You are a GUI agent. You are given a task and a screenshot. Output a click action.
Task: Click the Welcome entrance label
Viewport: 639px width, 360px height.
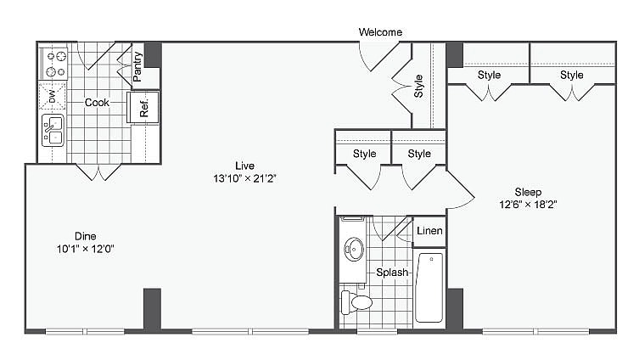(380, 32)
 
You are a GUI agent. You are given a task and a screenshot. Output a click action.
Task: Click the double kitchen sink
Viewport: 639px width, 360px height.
(53, 132)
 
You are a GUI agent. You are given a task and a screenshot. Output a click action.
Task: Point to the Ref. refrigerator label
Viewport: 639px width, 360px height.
(143, 107)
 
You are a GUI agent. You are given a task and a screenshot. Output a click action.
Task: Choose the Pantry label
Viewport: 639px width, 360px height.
(137, 68)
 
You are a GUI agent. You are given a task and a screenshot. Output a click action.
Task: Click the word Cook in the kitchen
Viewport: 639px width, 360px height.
(97, 103)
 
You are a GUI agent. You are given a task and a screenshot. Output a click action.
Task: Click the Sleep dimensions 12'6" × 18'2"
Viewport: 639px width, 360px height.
(527, 205)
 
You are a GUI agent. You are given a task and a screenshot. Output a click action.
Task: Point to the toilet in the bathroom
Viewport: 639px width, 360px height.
(357, 301)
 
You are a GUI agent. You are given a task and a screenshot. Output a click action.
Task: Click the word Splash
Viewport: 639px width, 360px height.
(393, 273)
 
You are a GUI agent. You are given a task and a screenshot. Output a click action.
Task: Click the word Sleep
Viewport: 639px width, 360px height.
(527, 192)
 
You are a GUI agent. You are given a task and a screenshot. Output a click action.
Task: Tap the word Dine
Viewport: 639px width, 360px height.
(84, 236)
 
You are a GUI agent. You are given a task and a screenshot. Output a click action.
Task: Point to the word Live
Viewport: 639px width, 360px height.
(245, 165)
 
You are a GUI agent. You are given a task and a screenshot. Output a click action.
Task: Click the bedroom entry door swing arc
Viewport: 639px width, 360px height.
(462, 191)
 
